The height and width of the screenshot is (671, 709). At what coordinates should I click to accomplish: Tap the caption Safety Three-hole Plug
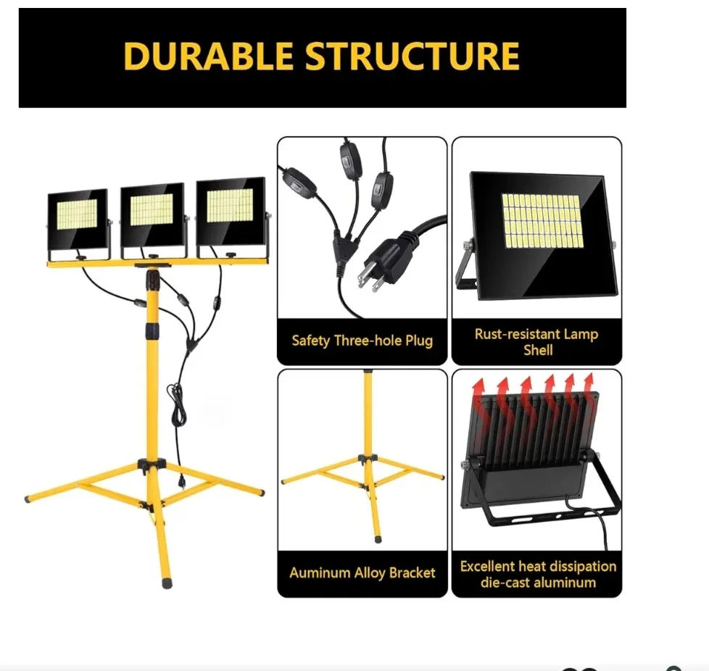pos(362,341)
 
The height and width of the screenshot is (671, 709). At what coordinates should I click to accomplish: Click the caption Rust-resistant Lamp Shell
pos(536,342)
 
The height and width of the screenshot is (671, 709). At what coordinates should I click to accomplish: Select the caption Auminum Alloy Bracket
pos(362,573)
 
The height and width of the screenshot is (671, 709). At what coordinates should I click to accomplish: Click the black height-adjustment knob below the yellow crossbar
pos(153,278)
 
